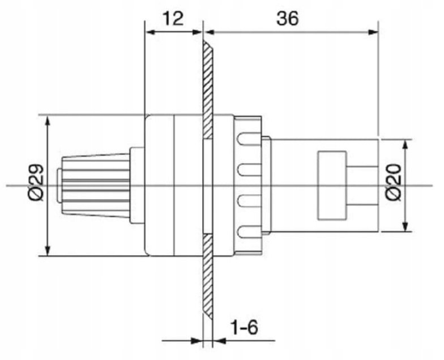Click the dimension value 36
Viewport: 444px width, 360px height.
pos(288,18)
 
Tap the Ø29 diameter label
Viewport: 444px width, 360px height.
pos(36,185)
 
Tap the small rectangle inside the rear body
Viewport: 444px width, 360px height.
pos(332,185)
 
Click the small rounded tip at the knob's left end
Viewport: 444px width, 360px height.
pos(60,186)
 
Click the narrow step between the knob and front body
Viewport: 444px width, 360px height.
pos(138,186)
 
